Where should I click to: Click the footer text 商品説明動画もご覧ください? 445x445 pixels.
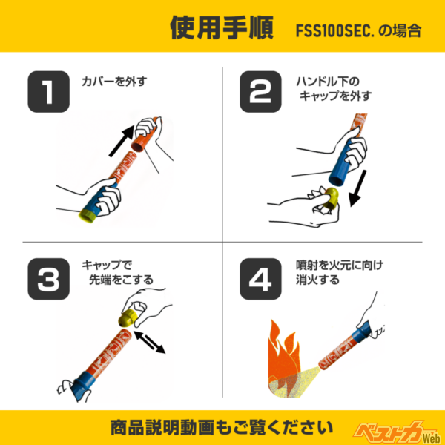[222, 428]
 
